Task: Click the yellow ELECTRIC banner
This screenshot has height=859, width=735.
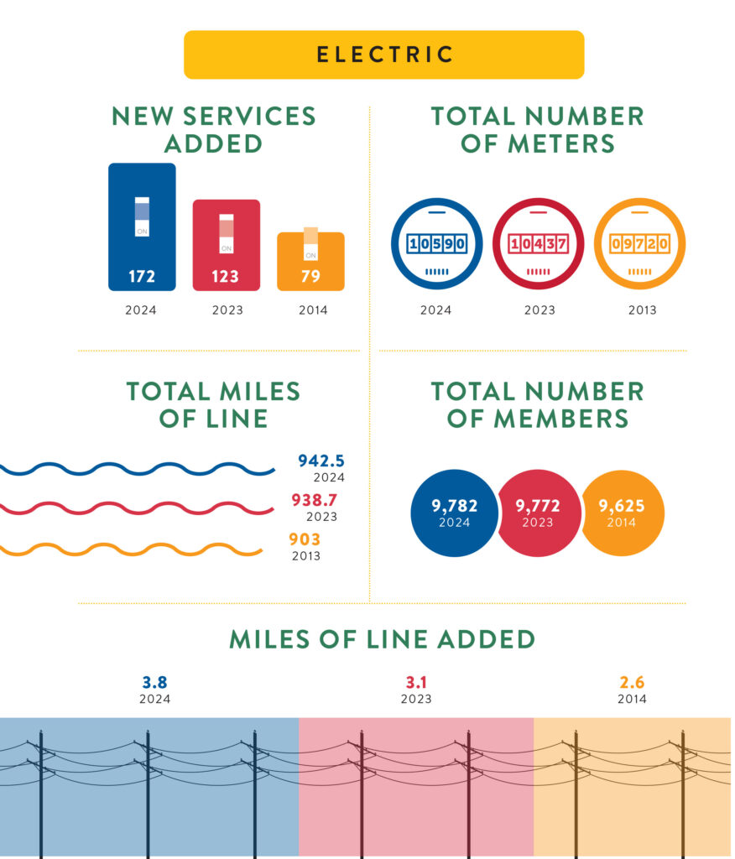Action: [x=383, y=55]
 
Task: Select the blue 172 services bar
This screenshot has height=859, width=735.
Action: [x=142, y=227]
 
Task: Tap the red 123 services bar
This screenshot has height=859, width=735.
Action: [x=226, y=245]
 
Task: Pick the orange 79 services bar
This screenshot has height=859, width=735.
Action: [x=310, y=262]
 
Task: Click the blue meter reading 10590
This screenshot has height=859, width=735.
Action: [x=436, y=243]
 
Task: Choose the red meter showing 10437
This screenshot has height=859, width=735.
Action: [x=539, y=243]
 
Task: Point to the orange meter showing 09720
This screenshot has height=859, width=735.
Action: [x=639, y=243]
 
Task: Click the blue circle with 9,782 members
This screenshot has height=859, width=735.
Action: [x=454, y=513]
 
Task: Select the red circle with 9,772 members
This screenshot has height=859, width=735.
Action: [x=538, y=513]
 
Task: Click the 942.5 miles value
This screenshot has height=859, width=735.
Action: [x=321, y=461]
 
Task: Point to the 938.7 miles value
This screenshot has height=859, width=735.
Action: [x=315, y=500]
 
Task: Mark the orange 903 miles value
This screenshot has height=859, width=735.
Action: [x=305, y=539]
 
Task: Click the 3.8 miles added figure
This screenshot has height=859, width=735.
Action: [x=155, y=682]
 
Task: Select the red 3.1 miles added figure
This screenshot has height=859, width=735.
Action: [x=417, y=682]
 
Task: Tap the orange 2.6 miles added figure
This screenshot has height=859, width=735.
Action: [x=633, y=682]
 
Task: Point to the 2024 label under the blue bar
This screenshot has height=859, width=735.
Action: [x=141, y=310]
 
